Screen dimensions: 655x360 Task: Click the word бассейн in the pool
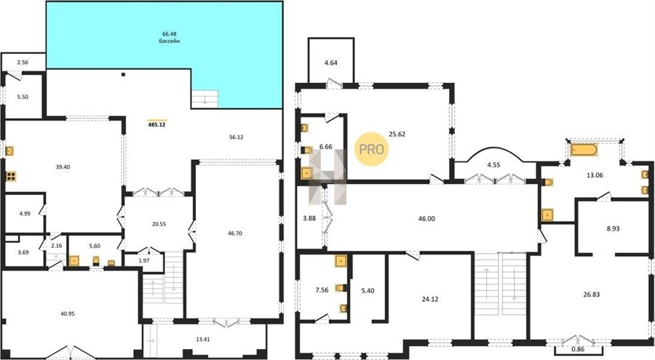click(170, 41)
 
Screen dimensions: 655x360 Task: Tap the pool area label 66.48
click(170, 34)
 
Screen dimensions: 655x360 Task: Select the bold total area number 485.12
click(157, 124)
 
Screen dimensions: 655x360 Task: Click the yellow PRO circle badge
click(371, 149)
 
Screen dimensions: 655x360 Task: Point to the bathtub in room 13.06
click(584, 150)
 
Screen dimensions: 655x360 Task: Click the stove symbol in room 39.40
click(11, 176)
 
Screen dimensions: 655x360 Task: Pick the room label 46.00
click(426, 218)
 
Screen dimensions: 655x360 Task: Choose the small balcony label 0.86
click(579, 349)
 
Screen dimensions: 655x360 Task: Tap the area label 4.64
click(331, 63)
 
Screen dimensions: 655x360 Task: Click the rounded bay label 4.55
click(493, 164)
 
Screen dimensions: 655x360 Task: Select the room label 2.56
click(22, 63)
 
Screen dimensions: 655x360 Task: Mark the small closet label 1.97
click(143, 260)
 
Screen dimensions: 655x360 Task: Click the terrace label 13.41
click(202, 339)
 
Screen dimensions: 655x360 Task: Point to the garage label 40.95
click(67, 313)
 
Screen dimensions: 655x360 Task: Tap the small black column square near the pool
click(123, 75)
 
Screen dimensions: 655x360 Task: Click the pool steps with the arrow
click(205, 100)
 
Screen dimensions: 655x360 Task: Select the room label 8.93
click(613, 229)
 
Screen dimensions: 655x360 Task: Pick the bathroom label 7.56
click(322, 290)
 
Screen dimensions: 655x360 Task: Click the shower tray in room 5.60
click(74, 261)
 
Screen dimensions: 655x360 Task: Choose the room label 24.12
click(430, 299)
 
